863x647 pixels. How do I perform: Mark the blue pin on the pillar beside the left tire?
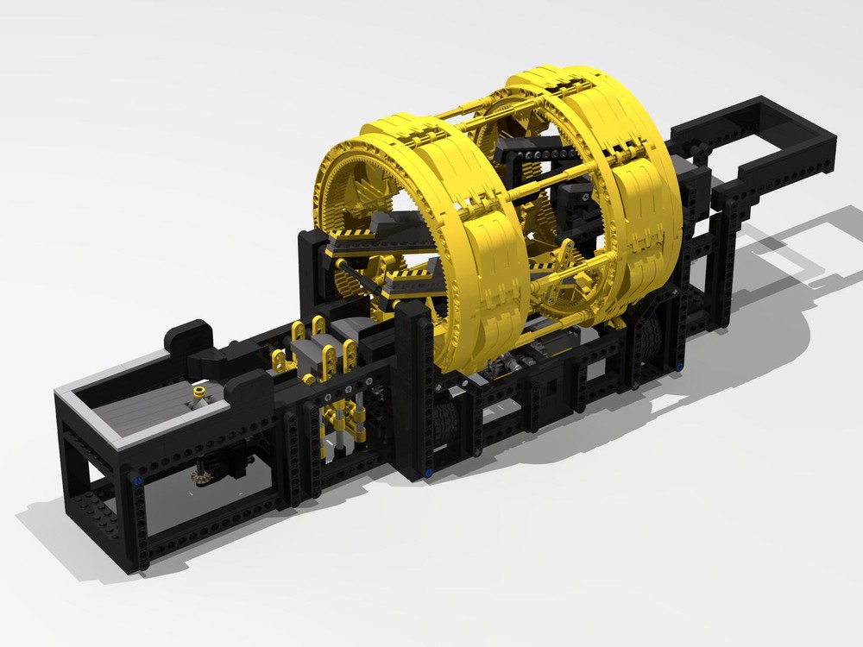(430, 471)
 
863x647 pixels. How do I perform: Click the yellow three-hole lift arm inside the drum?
(559, 261)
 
